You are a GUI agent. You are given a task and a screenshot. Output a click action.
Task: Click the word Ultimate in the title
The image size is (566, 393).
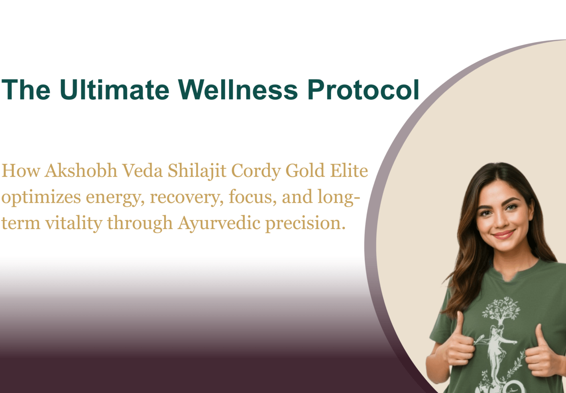(114, 90)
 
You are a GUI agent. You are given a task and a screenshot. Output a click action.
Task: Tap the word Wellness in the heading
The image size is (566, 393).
(238, 90)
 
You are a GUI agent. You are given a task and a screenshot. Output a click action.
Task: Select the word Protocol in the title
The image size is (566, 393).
(363, 90)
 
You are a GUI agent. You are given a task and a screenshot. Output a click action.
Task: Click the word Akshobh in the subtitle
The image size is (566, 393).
(81, 171)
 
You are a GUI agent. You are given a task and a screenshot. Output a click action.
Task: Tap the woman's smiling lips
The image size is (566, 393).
(504, 235)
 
